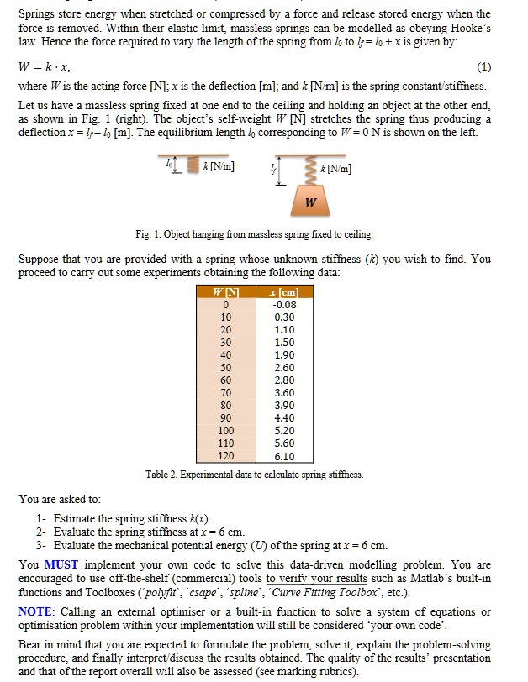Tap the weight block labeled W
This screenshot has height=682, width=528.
click(x=311, y=202)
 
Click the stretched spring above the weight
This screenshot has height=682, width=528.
click(x=311, y=171)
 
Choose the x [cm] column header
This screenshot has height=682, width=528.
click(x=283, y=291)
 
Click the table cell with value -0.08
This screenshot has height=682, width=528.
click(x=283, y=304)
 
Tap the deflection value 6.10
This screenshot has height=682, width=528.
click(x=283, y=456)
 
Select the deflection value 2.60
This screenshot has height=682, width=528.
click(x=283, y=367)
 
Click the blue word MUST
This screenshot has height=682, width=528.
click(x=61, y=564)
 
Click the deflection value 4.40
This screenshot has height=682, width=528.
click(x=283, y=417)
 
